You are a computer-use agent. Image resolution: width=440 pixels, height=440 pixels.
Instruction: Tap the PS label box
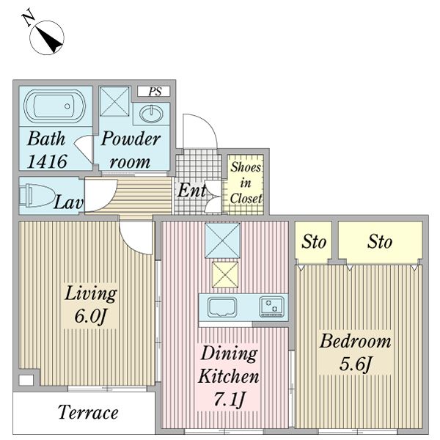coord(153,92)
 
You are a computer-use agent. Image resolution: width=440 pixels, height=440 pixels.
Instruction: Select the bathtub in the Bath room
coord(54,106)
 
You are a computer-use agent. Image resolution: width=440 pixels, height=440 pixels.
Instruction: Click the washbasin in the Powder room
coord(151,114)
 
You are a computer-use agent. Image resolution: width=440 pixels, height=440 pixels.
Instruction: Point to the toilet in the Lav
coord(37,195)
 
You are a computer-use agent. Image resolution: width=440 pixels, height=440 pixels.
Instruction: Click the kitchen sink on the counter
coord(222,307)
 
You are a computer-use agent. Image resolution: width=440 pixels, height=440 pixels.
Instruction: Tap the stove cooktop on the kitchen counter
coord(271,307)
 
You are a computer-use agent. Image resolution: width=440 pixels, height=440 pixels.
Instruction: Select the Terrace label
coord(88,412)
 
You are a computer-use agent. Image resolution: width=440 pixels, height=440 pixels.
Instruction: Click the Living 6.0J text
coord(91,305)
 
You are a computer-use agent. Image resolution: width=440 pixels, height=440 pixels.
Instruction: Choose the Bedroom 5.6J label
coord(355,353)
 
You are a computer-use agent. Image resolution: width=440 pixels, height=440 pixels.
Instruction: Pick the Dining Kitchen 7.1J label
coord(228,376)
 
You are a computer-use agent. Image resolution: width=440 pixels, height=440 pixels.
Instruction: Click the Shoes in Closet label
coord(246,183)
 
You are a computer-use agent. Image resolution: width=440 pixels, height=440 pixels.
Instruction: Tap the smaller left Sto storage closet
coord(313,242)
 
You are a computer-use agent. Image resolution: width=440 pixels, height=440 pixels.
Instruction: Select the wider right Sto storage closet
coord(380,242)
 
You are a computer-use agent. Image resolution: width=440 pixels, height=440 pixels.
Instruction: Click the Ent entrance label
coord(192,191)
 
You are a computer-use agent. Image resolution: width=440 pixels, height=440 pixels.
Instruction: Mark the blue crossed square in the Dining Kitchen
coord(222,241)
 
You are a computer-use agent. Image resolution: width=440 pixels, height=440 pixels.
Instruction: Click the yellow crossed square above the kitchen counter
coord(225,275)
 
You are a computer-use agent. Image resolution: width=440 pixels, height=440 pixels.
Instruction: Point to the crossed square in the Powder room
coord(114,101)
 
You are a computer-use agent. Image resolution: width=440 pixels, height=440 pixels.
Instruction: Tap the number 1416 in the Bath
coord(47,161)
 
